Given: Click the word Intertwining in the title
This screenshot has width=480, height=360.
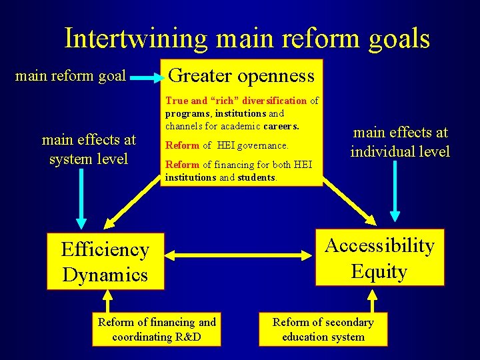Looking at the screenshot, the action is click(x=135, y=39).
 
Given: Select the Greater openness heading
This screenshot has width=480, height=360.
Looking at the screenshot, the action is click(x=241, y=75).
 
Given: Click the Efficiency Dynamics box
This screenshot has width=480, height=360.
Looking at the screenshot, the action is click(x=105, y=261).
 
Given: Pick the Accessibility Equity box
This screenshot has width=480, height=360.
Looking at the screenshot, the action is click(x=379, y=258).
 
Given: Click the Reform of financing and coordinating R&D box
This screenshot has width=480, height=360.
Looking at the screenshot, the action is click(x=157, y=329).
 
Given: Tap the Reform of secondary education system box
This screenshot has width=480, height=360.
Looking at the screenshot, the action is click(x=323, y=329).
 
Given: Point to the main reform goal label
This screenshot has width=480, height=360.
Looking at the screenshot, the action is click(x=70, y=76).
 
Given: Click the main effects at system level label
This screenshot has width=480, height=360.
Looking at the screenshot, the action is click(x=88, y=149).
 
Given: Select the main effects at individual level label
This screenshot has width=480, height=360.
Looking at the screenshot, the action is click(x=400, y=142).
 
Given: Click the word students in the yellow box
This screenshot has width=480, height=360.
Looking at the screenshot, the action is click(x=257, y=177).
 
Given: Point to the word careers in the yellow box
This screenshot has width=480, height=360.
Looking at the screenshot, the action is click(x=281, y=125).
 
